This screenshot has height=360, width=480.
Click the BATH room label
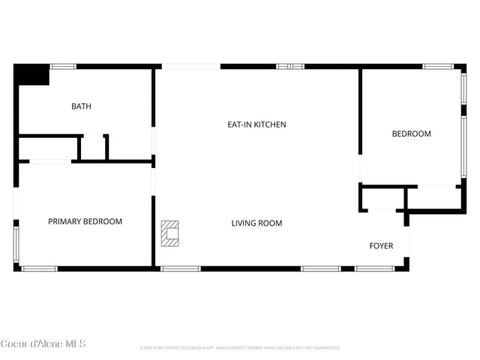(81, 106)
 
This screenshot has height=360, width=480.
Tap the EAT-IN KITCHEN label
(256, 124)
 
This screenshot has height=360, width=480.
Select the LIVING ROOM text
(256, 223)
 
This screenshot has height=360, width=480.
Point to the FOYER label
(381, 246)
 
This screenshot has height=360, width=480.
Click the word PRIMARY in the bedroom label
(64, 221)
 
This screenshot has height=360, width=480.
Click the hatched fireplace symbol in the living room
(171, 232)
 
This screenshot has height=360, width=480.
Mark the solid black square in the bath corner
(31, 75)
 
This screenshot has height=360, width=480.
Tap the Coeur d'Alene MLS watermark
(43, 343)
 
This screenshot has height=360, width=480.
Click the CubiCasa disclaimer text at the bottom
(240, 348)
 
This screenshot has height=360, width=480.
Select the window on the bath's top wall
(63, 67)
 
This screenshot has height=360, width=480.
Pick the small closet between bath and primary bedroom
(93, 147)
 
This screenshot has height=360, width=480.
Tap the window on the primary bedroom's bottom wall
(39, 268)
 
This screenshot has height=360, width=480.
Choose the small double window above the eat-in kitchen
(290, 67)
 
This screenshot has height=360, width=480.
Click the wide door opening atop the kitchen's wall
(190, 67)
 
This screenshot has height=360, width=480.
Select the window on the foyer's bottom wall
(374, 268)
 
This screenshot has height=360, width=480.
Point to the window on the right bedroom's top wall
(436, 67)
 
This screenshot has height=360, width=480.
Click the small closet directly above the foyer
(382, 198)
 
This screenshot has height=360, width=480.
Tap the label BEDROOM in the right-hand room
(412, 133)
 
